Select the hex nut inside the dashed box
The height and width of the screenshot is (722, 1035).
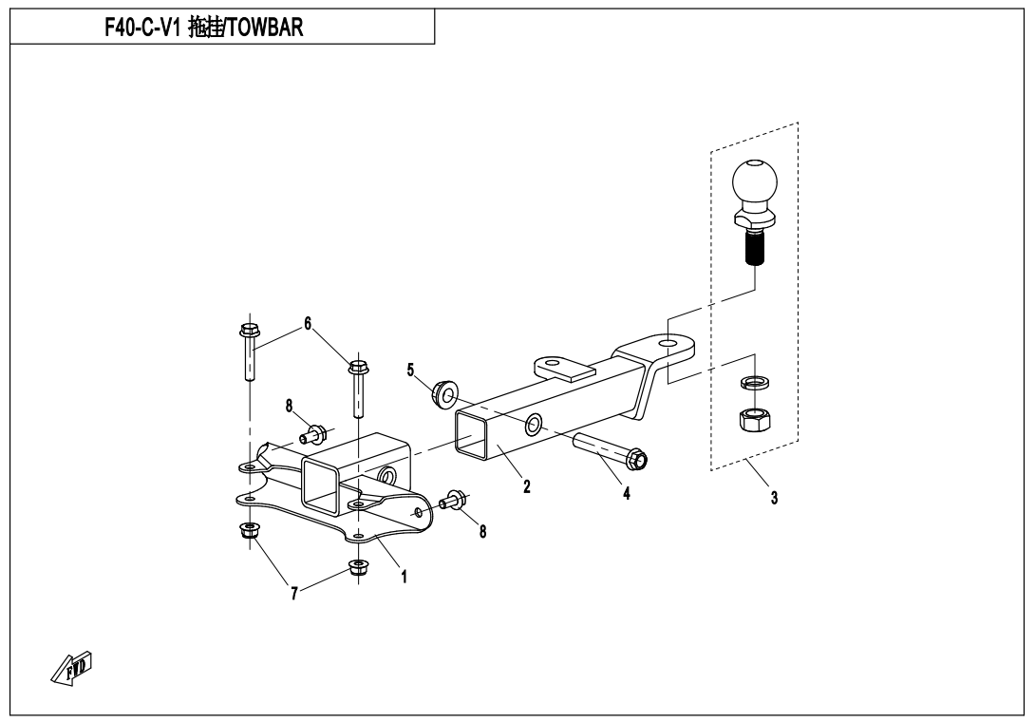(754, 418)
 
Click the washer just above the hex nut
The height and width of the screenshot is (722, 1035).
(754, 384)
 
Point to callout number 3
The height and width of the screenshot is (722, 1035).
(775, 497)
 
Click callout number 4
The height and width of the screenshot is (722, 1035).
(626, 493)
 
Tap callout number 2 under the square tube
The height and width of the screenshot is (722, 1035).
(526, 486)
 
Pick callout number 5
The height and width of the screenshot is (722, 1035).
(411, 369)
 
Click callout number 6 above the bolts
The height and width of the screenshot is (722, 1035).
(308, 323)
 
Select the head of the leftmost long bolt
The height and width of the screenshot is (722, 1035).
(250, 332)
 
